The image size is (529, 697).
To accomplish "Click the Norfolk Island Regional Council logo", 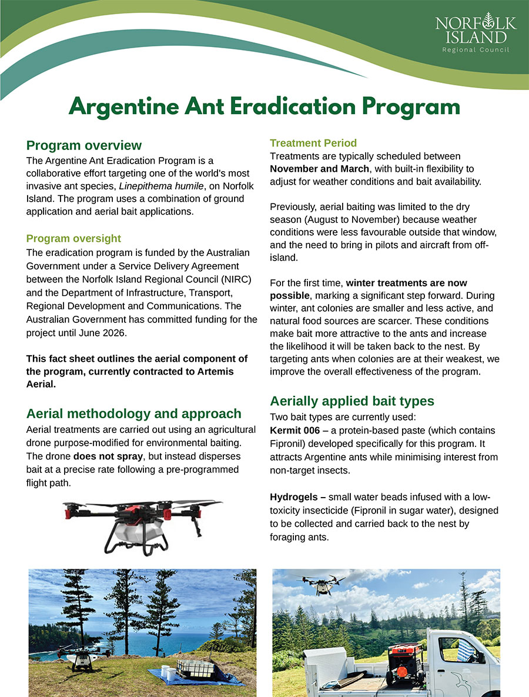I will coord(476,32).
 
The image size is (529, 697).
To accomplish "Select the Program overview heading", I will coord(84,145).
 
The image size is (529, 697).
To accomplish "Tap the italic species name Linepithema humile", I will coord(160,186).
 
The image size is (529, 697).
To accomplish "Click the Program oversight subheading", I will coord(73,238).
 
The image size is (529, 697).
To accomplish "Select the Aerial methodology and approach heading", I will coord(134,413).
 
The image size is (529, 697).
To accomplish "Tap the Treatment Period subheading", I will coord(313,143).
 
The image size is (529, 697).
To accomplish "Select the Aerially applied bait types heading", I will coord(351,401).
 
